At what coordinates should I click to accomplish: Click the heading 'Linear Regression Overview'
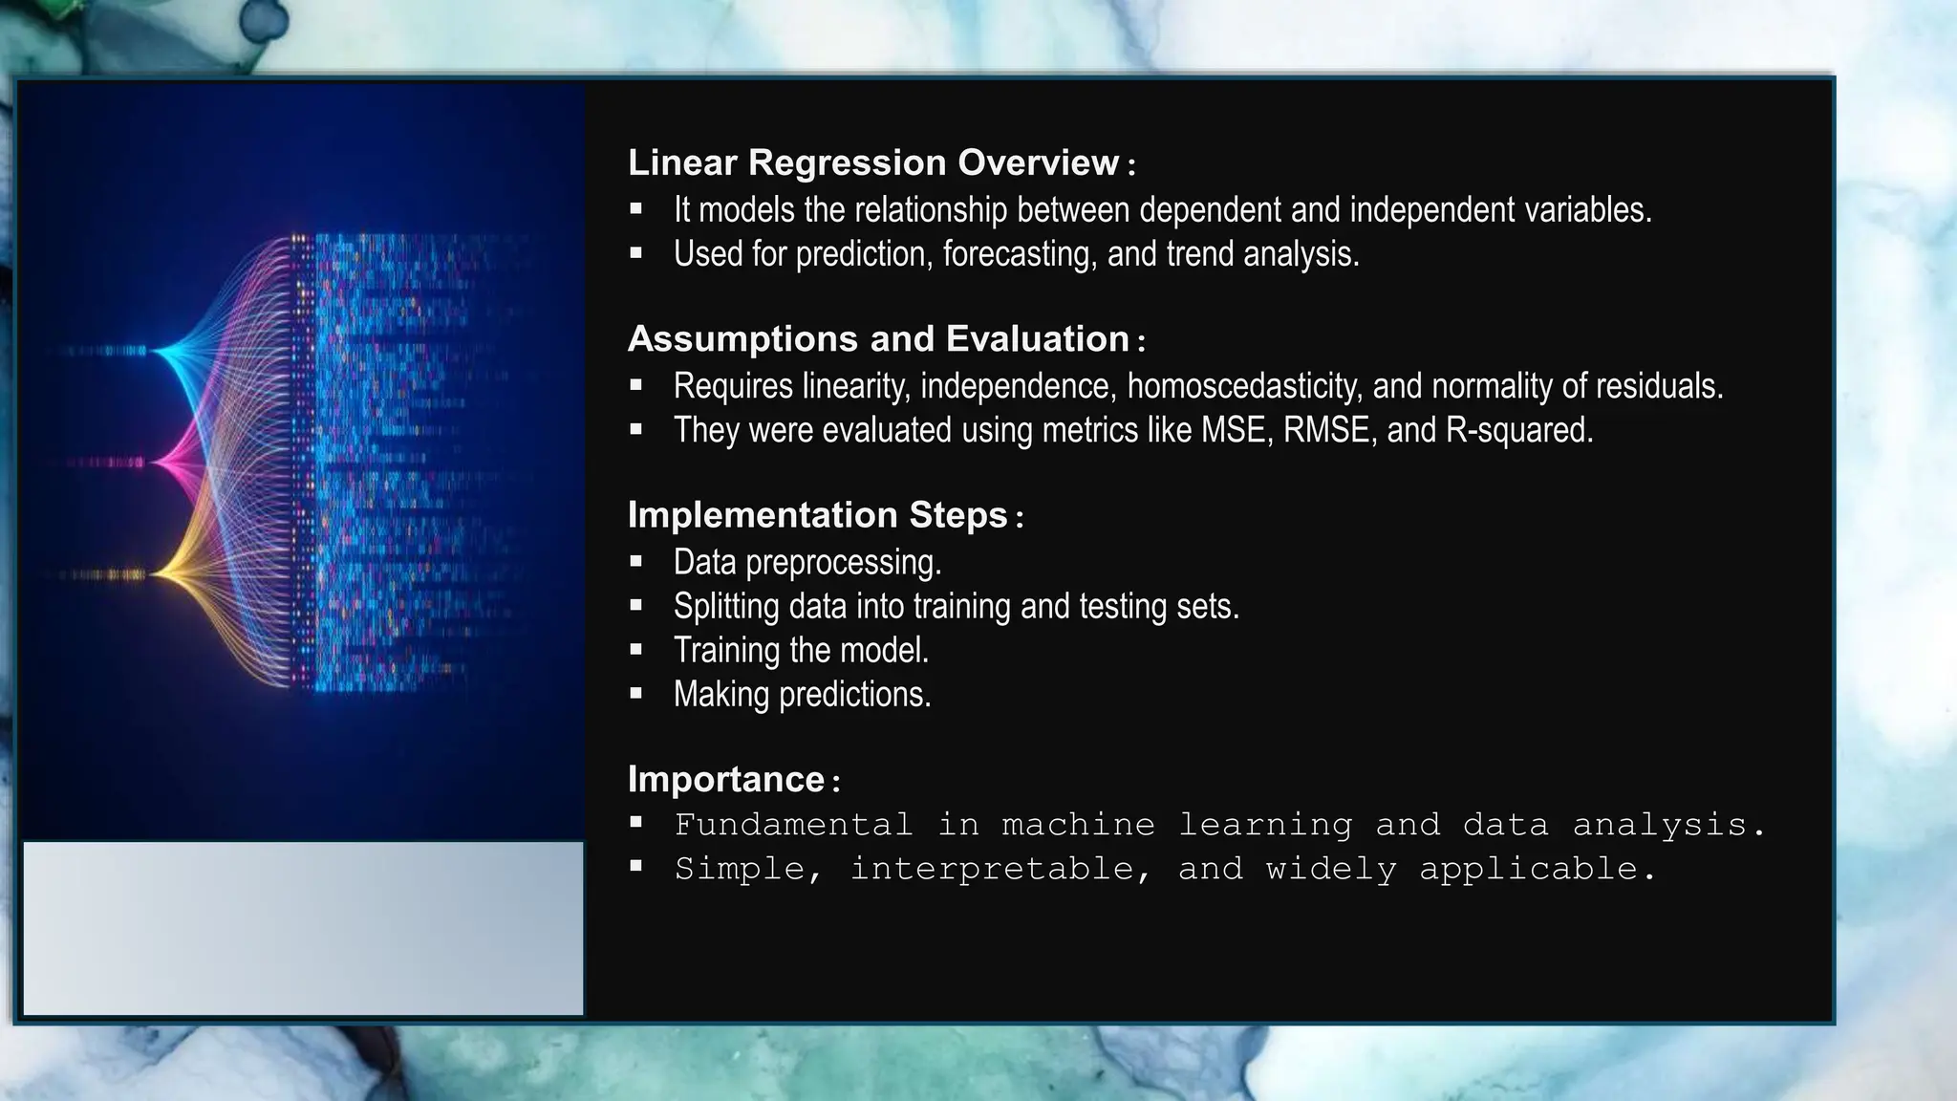click(872, 162)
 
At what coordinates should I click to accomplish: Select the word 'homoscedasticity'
click(1243, 386)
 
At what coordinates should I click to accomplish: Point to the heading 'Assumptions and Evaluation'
click(878, 339)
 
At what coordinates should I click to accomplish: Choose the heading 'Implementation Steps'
click(817, 515)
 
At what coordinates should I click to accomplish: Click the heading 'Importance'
click(725, 779)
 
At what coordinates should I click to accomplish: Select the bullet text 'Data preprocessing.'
click(807, 562)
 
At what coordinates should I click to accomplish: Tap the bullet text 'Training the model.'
click(801, 650)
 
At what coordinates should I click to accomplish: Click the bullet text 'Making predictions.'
click(802, 694)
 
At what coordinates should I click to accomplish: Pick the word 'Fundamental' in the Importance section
click(793, 824)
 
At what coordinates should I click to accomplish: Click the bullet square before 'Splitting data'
click(636, 605)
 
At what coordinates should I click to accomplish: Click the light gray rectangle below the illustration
click(303, 928)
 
